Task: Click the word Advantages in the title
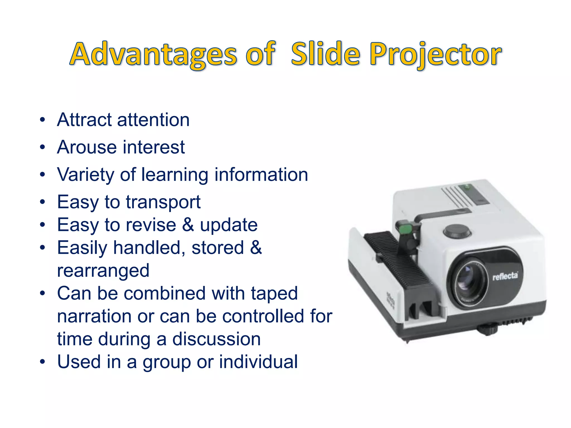pos(153,54)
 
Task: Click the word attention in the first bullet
pos(153,120)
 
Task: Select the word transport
pos(163,202)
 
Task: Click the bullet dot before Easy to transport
pos(42,202)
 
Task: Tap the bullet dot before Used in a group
pos(42,362)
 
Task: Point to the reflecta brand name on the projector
pos(505,276)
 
